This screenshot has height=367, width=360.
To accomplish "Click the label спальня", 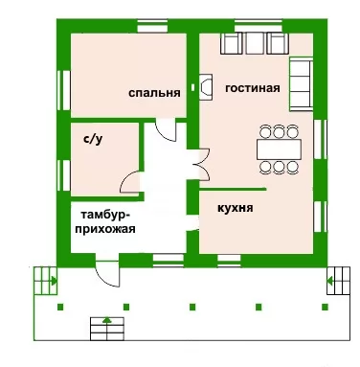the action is pos(154,93).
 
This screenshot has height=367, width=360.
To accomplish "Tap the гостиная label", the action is pos(253,88).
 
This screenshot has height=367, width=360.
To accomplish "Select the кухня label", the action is pos(236,208).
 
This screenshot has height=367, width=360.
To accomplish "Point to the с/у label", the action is pos(93,140).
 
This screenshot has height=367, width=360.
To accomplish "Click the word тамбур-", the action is pos(105,215).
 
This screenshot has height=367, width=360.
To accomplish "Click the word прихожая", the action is pos(105,229).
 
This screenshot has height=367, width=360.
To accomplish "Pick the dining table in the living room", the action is pos(279,149).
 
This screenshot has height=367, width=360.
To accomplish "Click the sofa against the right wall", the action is pos(301,84).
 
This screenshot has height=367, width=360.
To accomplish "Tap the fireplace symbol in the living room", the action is pos(206,87).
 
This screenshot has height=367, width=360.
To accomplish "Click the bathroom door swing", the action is pos(130,182).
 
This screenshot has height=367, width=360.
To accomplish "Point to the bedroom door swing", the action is pos(166,129).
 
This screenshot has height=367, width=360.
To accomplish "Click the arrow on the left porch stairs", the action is pos(54,282).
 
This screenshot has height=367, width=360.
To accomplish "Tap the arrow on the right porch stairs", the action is pos(330,281).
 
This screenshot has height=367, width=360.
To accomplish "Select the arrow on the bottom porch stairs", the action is pos(107,320).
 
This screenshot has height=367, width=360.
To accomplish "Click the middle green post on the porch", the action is pos(192,307).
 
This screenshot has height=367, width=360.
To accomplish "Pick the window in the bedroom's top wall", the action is pos(152,26).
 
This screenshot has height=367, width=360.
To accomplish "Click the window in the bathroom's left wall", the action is pos(64,175).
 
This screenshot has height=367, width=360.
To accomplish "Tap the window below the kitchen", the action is pos(229,260).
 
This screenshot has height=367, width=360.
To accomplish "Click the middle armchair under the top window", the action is pos(255,43).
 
